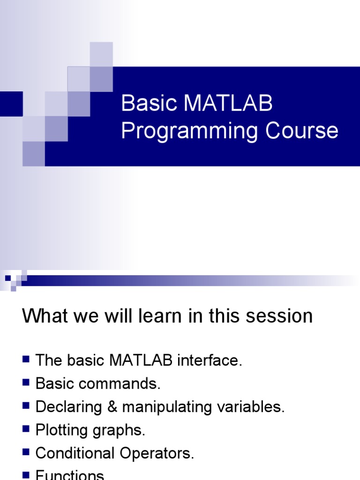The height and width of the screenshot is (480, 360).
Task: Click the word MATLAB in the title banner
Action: coord(228,103)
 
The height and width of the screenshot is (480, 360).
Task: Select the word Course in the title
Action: coord(301,130)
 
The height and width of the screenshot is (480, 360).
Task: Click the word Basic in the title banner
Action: coord(150,103)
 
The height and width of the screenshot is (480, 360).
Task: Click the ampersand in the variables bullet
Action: coord(112,407)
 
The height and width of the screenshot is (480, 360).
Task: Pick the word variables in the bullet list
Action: coord(251,407)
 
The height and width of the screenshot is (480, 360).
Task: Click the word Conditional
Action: coord(75,453)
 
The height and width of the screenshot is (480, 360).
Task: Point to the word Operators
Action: coord(157,453)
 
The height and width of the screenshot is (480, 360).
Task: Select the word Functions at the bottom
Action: coord(70,475)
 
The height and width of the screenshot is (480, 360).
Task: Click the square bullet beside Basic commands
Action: coord(26,382)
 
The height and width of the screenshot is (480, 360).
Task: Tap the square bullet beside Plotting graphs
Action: coord(26,429)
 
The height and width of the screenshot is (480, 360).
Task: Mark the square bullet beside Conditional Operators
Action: coord(26,452)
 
